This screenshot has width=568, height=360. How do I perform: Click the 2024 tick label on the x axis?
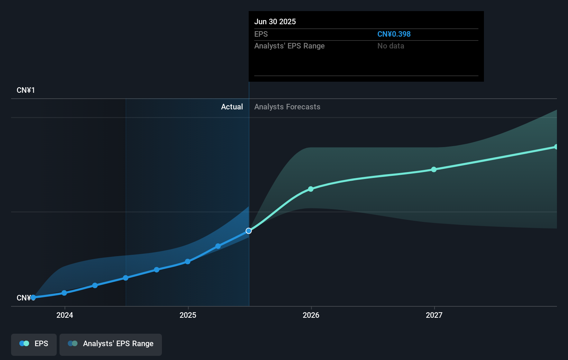[x=65, y=315]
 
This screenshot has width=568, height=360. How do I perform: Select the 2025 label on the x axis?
[x=188, y=315]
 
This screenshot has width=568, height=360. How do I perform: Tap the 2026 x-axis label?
[x=311, y=315]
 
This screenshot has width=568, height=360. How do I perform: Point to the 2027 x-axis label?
[x=434, y=315]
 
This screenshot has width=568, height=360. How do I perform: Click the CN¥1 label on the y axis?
[x=26, y=90]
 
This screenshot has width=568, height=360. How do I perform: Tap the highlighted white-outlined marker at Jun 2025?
[x=249, y=231]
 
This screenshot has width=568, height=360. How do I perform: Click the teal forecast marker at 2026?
[x=311, y=189]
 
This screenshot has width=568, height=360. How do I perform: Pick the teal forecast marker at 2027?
[x=434, y=170]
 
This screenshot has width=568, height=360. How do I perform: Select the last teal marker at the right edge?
[x=556, y=147]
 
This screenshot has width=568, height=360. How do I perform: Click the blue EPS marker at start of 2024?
[x=64, y=293]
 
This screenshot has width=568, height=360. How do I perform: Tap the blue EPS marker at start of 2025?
[x=187, y=262]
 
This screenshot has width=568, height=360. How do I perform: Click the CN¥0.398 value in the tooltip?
[x=394, y=34]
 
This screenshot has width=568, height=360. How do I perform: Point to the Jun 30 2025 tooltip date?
[x=275, y=22]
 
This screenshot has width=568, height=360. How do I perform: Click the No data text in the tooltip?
[x=391, y=46]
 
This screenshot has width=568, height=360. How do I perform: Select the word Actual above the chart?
[x=232, y=107]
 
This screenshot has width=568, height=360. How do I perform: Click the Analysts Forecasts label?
[x=287, y=107]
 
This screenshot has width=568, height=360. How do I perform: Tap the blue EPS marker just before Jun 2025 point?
[x=218, y=246]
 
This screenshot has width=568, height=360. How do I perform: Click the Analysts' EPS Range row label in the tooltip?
[x=289, y=46]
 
